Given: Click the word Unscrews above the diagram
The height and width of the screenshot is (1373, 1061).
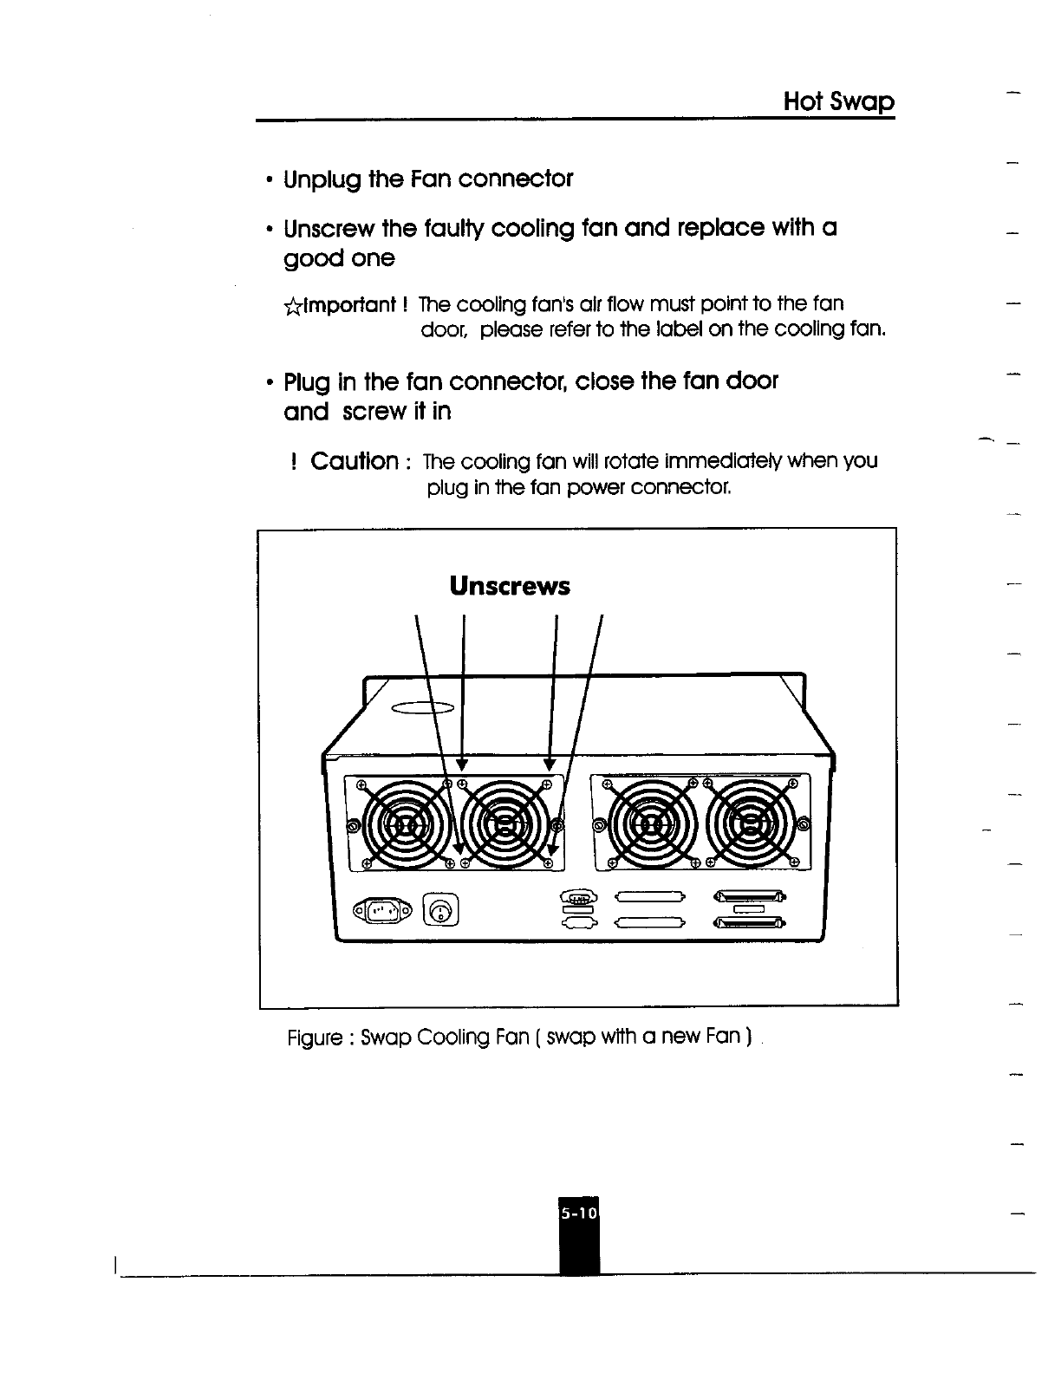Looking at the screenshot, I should [510, 587].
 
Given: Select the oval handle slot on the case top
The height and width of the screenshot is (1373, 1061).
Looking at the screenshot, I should [424, 708].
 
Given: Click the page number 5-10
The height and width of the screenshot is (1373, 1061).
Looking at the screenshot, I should [579, 1214].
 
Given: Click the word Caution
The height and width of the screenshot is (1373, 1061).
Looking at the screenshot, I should [355, 460].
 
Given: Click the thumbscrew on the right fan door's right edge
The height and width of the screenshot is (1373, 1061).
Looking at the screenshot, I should [804, 825].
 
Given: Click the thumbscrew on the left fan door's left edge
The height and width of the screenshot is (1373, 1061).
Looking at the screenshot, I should [352, 825].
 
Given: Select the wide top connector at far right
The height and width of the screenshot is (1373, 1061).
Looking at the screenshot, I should [749, 897].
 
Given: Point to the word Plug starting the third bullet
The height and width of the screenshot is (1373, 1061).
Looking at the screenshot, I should [308, 382].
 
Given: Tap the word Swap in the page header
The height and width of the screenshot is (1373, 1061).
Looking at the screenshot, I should [862, 103].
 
